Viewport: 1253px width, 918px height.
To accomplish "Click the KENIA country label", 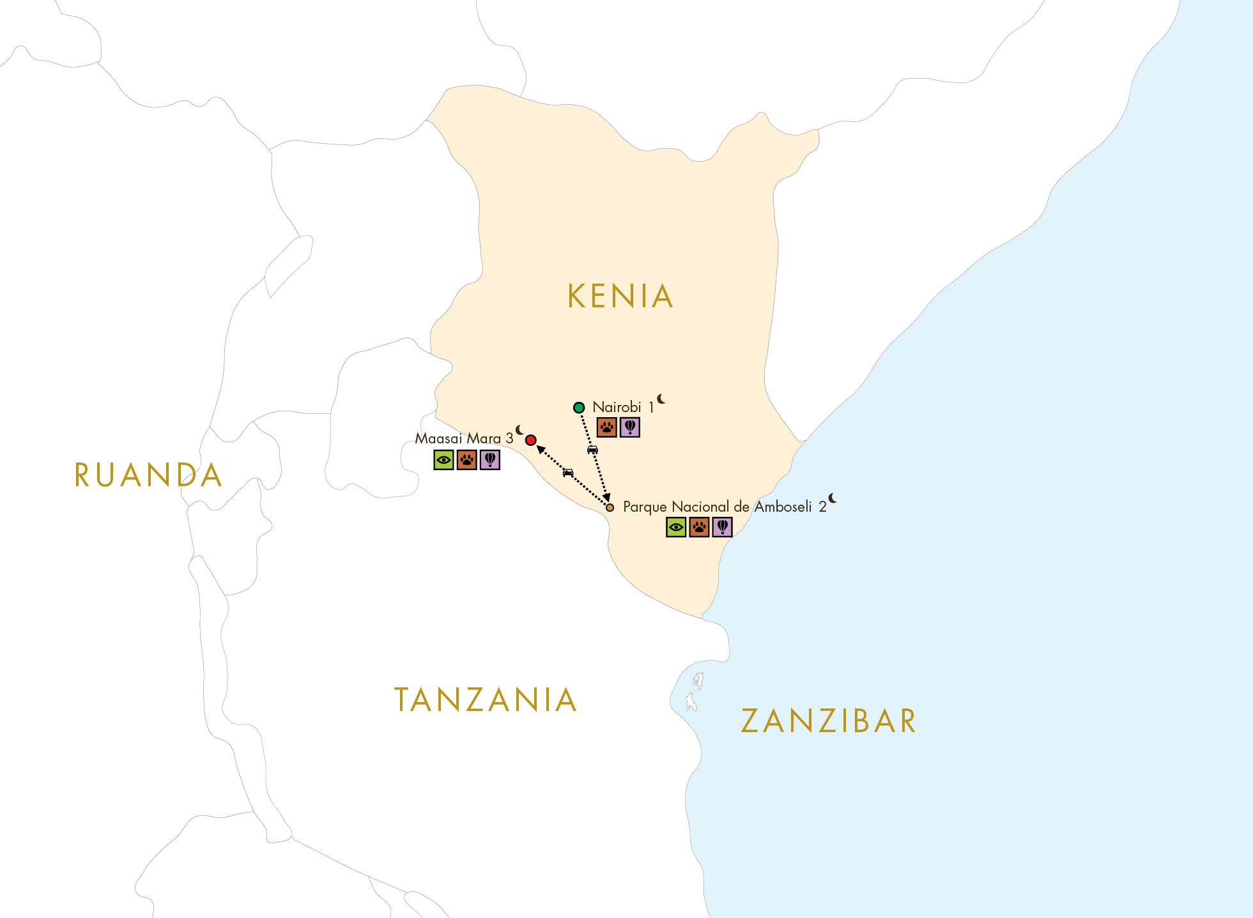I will coord(620,296).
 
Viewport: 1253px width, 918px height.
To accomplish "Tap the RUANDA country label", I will coord(148,475).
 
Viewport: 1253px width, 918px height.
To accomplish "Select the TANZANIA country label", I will coord(486,700).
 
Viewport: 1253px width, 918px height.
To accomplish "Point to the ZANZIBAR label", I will coord(828,721).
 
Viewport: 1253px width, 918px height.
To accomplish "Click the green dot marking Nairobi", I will coord(579,408).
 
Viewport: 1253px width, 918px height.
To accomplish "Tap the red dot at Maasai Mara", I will coord(530,440).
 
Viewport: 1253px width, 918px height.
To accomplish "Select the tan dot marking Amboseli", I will coord(610,508).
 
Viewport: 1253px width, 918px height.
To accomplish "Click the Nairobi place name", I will coord(617,407).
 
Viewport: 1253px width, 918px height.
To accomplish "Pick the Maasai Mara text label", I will coord(458,438).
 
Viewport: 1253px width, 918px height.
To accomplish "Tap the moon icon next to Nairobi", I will coord(661,399).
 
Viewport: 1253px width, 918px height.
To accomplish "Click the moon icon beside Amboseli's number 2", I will coord(833,498).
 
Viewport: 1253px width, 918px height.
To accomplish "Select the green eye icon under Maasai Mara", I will coord(443,460).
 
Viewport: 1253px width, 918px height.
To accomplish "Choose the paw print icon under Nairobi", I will coord(606,427).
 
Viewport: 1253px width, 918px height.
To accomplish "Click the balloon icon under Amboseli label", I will coord(722,527).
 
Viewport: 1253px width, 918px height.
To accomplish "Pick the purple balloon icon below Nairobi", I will coord(629,427).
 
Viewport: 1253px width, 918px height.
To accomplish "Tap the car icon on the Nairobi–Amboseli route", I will coord(592,450).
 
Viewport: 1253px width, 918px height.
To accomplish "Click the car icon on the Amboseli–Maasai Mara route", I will coord(568,473).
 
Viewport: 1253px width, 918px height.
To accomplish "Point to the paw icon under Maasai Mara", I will coord(467,460).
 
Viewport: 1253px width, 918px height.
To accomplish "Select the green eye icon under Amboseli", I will coord(676,527).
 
